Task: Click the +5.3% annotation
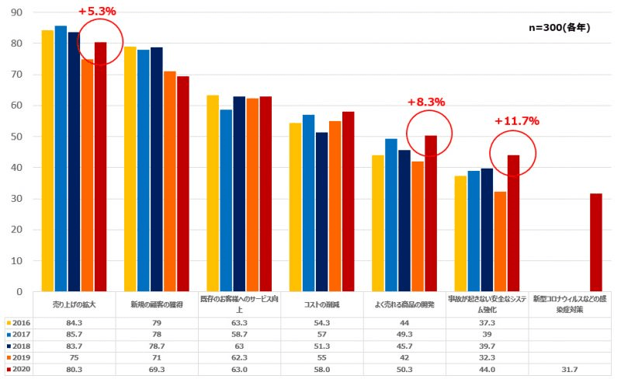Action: click(97, 12)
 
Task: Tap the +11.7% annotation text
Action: click(516, 120)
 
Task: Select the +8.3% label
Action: click(426, 102)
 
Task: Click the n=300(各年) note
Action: click(560, 28)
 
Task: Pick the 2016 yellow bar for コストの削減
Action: click(295, 207)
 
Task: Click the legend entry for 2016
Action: click(19, 322)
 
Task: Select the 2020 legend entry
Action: click(19, 370)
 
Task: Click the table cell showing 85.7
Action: click(74, 334)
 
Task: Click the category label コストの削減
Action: click(321, 304)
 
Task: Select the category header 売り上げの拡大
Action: click(74, 304)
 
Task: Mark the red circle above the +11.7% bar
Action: click(512, 153)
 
